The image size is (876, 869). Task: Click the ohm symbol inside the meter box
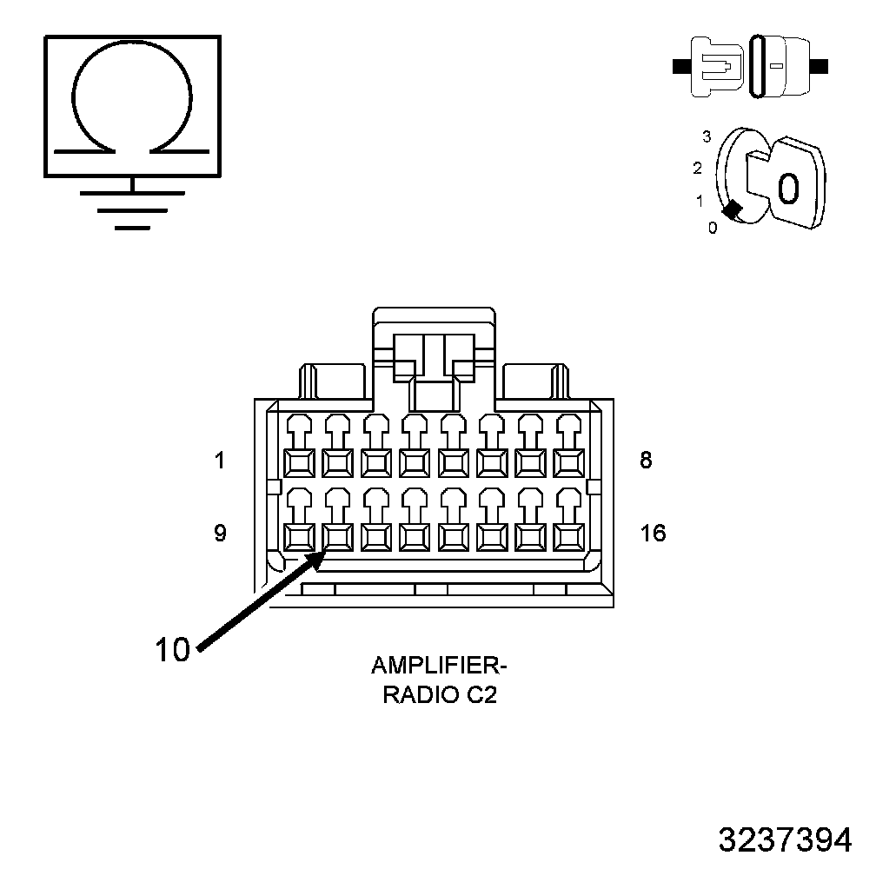click(132, 102)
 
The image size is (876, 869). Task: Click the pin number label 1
click(220, 461)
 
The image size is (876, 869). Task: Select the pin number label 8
click(646, 461)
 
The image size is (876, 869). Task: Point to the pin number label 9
click(220, 534)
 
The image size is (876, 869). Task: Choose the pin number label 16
click(653, 534)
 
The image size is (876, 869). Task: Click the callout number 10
click(172, 649)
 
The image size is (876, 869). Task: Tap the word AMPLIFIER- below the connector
click(438, 667)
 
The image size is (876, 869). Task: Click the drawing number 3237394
click(785, 839)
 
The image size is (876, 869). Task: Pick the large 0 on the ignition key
click(787, 187)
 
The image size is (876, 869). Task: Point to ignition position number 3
click(707, 136)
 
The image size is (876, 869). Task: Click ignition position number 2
click(697, 169)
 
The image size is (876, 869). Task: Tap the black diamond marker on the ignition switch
click(733, 209)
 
